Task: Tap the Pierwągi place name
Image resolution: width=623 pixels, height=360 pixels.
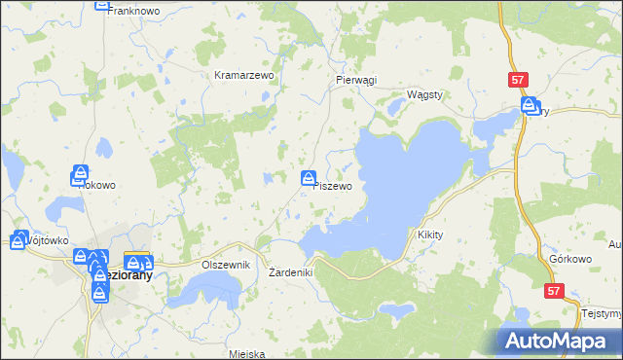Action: point(355,81)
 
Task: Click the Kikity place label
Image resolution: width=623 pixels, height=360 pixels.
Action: point(429,235)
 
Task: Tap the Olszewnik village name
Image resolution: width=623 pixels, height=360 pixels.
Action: point(226,265)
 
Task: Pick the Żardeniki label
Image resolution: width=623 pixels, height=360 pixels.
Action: point(290,272)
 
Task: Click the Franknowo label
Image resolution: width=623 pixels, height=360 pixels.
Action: point(133,10)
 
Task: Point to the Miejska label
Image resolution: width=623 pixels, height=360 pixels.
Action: point(247,354)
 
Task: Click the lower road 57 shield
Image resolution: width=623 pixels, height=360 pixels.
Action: point(554,291)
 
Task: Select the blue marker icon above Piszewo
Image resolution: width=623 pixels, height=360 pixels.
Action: point(309,178)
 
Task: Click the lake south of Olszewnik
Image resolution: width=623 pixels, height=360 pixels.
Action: point(208,287)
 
